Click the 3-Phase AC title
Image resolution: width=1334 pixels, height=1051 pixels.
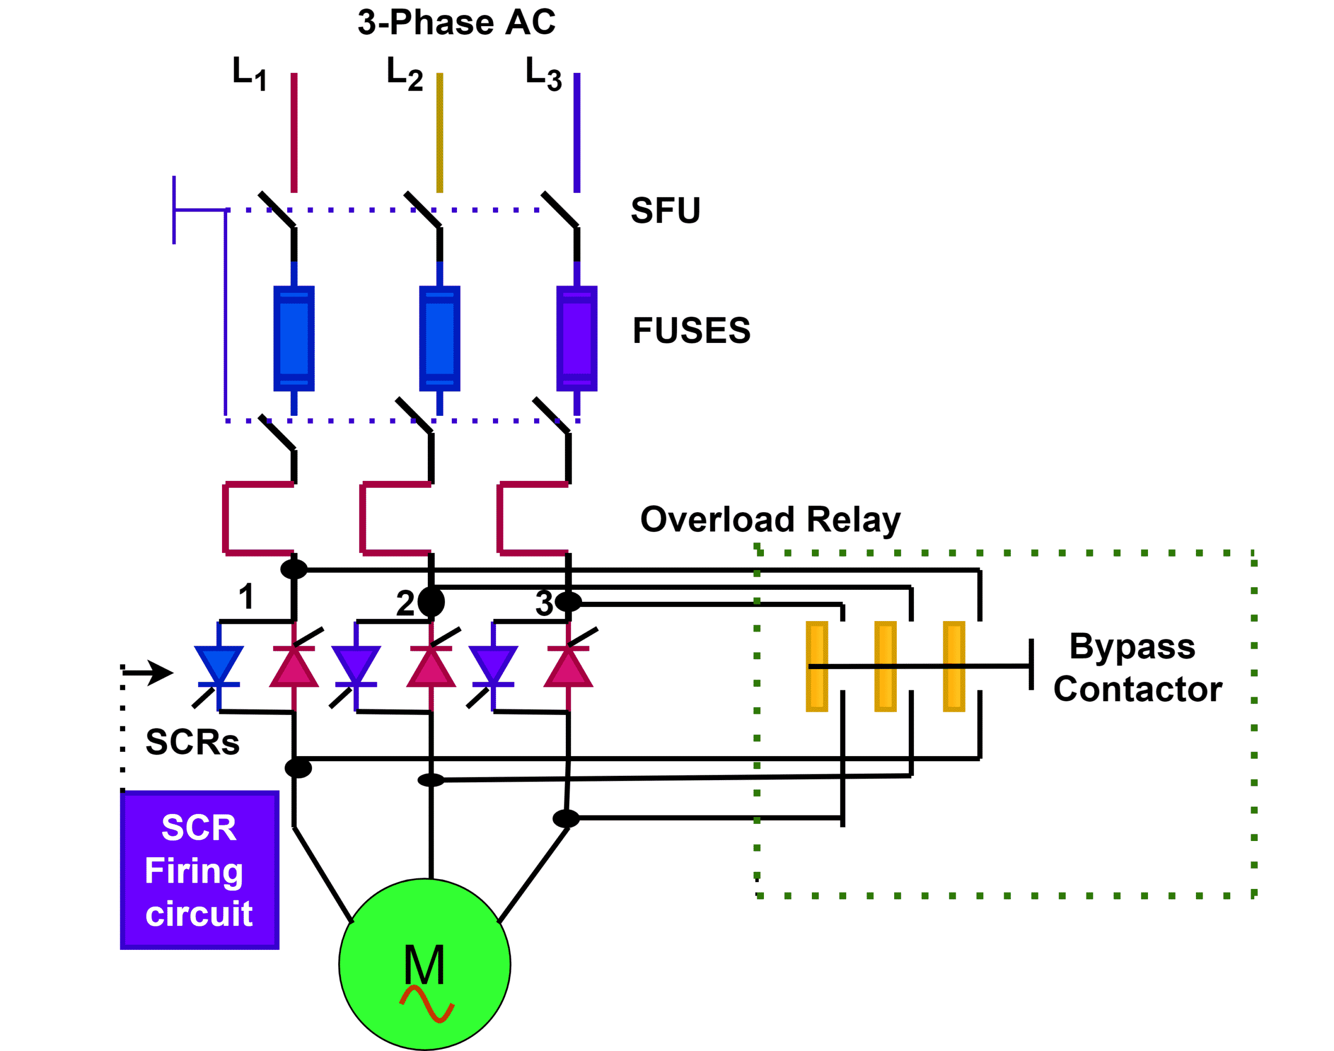(x=456, y=23)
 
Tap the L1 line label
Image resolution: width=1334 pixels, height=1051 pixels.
(x=249, y=73)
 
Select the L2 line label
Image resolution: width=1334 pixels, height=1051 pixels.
(x=404, y=73)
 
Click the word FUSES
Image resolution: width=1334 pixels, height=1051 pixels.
(x=691, y=330)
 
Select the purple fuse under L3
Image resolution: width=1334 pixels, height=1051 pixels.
(x=576, y=339)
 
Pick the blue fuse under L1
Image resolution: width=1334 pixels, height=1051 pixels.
(x=294, y=339)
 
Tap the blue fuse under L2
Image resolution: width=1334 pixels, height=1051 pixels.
(x=439, y=339)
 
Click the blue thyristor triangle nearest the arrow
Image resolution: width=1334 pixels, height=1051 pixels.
(x=219, y=664)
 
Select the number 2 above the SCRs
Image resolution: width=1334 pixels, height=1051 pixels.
(x=405, y=603)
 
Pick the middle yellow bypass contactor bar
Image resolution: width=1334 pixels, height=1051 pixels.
(x=885, y=666)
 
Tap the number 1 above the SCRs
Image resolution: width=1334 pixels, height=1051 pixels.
(x=246, y=596)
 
